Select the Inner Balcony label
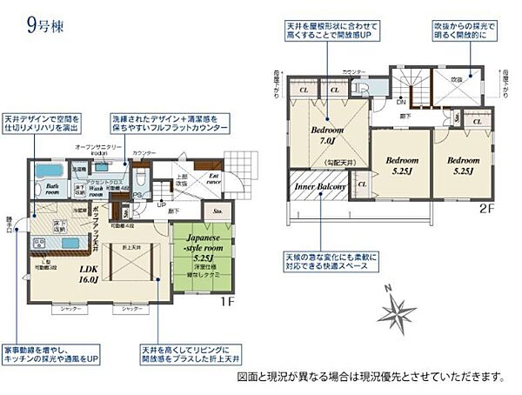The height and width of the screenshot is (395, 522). coord(319,186)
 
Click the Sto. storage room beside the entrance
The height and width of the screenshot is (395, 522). coord(215,211)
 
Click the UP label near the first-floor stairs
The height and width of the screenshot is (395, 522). coord(161,204)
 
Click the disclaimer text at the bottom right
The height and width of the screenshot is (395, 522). coord(370,377)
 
